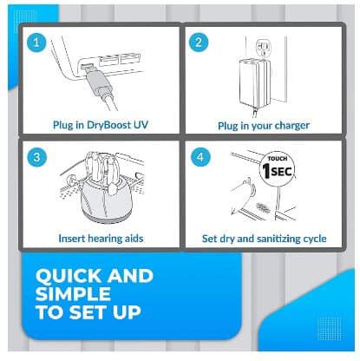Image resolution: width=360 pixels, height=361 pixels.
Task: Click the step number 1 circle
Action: tap(36, 43)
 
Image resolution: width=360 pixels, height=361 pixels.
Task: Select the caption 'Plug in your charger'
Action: tap(263, 125)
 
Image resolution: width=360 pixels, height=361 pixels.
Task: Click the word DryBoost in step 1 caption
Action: tap(108, 125)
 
